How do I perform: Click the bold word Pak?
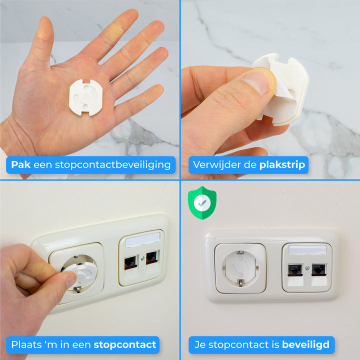coord(22,164)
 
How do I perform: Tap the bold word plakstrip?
coord(281,164)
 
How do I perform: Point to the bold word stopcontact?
coord(124,344)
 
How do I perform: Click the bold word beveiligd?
coord(305,344)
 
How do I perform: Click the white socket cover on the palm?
coord(85,97)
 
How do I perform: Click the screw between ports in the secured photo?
coord(306,268)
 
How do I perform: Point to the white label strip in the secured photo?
coord(306,249)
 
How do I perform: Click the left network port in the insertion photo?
coord(131,260)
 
